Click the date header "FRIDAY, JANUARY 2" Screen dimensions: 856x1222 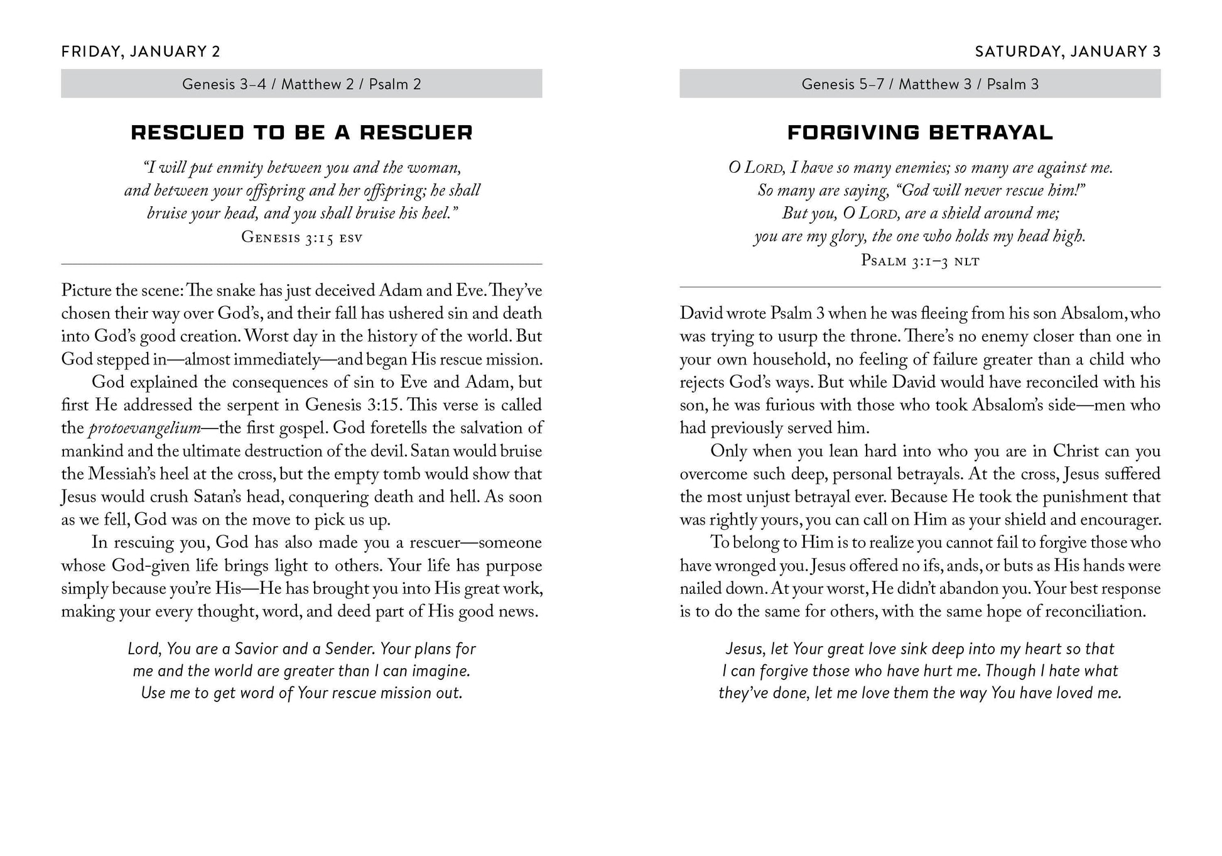[141, 52]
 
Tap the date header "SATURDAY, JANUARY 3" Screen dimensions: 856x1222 [1068, 52]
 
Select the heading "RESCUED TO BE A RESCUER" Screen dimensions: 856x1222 [301, 133]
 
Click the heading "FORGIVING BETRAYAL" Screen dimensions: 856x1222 [920, 133]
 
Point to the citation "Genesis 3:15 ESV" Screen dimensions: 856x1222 [301, 237]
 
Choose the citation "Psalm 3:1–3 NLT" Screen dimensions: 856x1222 [920, 260]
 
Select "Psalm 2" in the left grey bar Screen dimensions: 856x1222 [394, 84]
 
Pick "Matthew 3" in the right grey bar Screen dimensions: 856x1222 [935, 84]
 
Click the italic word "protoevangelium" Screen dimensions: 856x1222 [145, 429]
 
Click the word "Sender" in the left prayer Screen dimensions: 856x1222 [349, 649]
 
